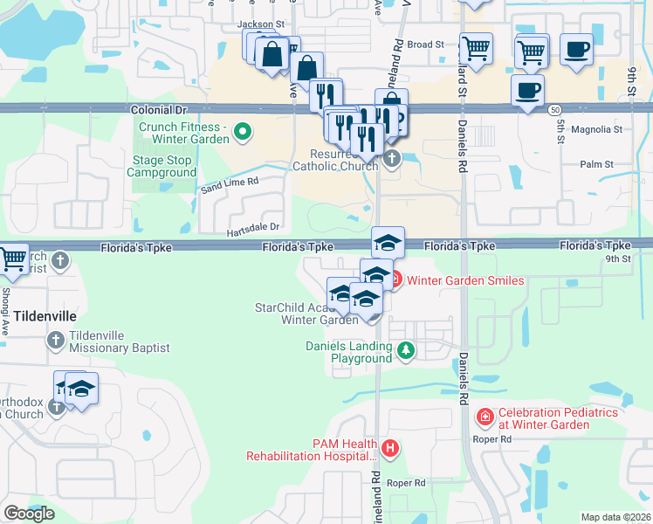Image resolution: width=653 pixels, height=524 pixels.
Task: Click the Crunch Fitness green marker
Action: pos(244,133)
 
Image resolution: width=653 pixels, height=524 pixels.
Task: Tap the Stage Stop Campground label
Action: pos(164,166)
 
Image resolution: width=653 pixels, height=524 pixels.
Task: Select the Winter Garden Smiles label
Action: pos(466,280)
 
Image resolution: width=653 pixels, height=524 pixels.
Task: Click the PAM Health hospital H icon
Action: pos(389,449)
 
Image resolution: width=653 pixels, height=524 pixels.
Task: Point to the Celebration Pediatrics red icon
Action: pos(485,418)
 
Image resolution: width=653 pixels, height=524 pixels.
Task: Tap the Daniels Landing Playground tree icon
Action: pos(405,351)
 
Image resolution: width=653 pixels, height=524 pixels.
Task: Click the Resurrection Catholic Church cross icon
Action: pos(392,158)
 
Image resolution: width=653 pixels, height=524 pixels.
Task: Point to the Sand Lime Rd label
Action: pos(231,182)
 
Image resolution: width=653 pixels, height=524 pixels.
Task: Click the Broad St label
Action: pos(426,44)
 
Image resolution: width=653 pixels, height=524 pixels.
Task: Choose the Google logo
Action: pos(30,514)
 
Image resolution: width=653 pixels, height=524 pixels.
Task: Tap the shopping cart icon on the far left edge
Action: pos(11,259)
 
